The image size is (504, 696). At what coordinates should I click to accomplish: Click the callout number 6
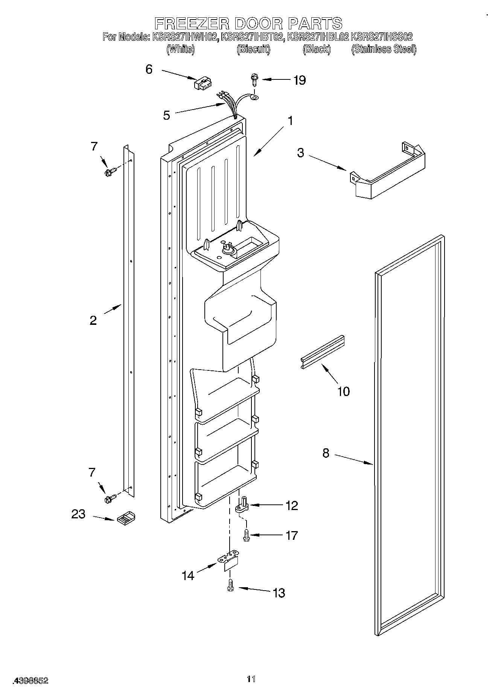[x=149, y=69]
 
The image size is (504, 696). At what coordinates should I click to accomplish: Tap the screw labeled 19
[x=254, y=79]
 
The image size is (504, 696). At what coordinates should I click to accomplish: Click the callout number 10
[x=344, y=391]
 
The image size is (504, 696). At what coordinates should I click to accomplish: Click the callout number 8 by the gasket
[x=326, y=453]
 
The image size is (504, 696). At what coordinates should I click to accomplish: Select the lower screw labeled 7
[x=110, y=498]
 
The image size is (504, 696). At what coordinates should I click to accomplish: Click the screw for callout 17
[x=247, y=535]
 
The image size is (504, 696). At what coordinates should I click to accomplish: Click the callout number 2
[x=93, y=320]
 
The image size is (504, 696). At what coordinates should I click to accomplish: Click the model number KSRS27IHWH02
[x=185, y=37]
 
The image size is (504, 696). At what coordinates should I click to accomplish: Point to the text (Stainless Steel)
[x=384, y=49]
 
